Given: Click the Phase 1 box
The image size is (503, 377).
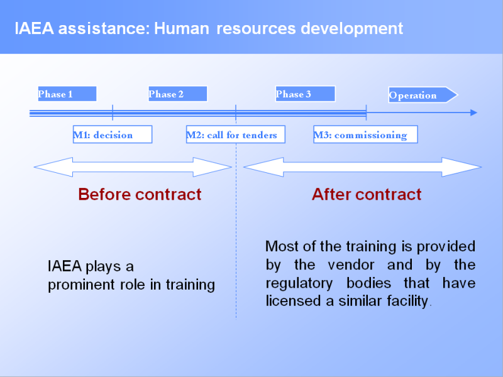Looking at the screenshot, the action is (x=67, y=94).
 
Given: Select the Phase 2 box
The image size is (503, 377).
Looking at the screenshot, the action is (x=178, y=94).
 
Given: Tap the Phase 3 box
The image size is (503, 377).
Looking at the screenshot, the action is (x=306, y=94).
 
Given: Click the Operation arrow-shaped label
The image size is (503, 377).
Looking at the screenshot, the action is (x=423, y=95).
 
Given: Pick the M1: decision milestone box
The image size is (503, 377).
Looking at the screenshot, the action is (x=113, y=134).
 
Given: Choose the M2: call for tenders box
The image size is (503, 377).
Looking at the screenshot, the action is (x=236, y=134).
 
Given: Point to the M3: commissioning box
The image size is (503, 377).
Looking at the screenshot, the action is (x=365, y=134).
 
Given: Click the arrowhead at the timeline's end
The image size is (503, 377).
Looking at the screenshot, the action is (x=474, y=112).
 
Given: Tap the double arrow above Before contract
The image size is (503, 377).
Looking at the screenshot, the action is (x=133, y=167).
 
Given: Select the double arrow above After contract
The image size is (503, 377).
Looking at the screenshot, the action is (x=363, y=167).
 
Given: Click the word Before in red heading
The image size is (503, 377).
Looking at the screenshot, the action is (x=104, y=194).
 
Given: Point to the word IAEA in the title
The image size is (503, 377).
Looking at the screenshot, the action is (x=34, y=28).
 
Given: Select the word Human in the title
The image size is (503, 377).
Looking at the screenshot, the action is (x=182, y=28).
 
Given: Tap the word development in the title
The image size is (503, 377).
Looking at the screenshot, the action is (x=352, y=28).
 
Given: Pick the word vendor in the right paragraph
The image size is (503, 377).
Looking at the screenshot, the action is (x=351, y=265).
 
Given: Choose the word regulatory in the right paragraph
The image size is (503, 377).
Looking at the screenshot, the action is (x=299, y=284).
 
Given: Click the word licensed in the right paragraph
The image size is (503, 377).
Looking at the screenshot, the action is (x=293, y=301).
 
